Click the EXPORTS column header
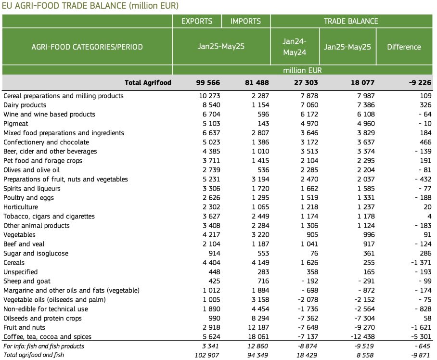(x=197, y=21)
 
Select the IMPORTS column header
(x=245, y=21)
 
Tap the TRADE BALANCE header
(x=351, y=21)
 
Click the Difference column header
(x=404, y=47)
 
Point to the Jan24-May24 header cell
(x=295, y=47)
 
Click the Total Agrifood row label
(x=148, y=82)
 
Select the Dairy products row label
(x=25, y=105)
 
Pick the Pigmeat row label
(x=15, y=124)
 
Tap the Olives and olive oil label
(x=31, y=170)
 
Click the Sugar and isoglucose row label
(x=36, y=253)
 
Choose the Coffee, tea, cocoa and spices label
(x=47, y=336)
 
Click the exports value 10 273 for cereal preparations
(x=209, y=96)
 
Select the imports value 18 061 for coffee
(x=258, y=336)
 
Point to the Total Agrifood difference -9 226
(x=420, y=82)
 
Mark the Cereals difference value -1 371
(x=421, y=262)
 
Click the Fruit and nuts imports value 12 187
(x=258, y=327)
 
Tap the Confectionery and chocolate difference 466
(x=425, y=142)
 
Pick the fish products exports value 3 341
(x=210, y=346)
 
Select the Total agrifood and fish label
(x=34, y=355)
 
